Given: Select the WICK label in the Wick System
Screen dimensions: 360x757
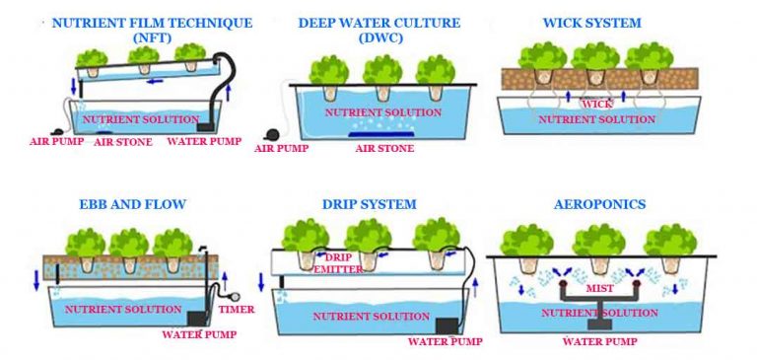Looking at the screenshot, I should click(597, 104).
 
